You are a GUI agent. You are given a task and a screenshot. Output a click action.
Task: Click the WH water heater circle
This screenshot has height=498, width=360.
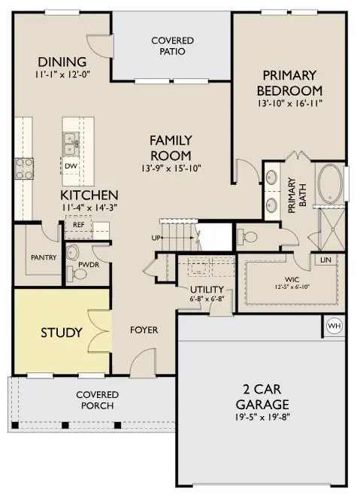(334, 326)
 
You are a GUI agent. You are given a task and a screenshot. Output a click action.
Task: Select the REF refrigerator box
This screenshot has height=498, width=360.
(78, 224)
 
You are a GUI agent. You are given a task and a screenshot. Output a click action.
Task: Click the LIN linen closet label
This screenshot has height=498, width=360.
(325, 260)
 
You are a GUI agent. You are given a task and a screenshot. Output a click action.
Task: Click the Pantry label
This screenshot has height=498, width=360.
(44, 257)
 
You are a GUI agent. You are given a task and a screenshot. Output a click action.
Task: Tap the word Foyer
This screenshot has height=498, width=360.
(144, 329)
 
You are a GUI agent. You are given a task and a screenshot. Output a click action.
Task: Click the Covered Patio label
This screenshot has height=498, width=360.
(172, 46)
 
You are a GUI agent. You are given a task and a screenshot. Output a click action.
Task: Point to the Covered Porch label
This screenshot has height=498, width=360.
(95, 400)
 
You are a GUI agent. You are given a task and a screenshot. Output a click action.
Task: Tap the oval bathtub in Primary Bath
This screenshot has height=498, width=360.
(331, 183)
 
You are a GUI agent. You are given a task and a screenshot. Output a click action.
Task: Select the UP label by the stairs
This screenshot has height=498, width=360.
(156, 238)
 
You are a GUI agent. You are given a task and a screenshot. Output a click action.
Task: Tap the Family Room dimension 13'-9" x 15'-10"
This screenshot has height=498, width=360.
(171, 169)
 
